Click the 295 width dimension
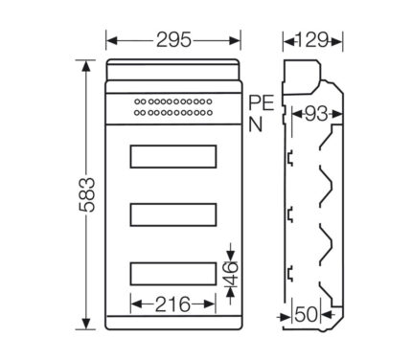coord(173,40)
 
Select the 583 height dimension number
coord(87,194)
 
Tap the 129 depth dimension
coord(312,40)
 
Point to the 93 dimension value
coord(316,113)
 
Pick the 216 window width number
coord(172,304)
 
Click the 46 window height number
coord(232,274)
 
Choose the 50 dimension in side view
coord(307,315)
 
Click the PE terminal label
coord(262,102)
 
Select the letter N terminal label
coord(256,124)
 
